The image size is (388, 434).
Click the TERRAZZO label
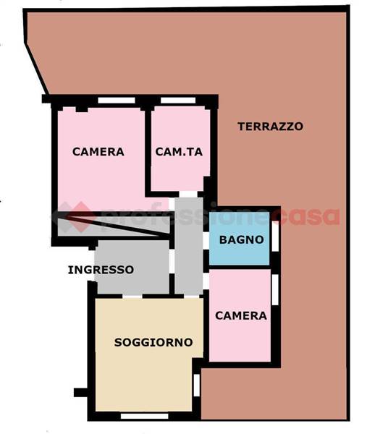[x=270, y=127]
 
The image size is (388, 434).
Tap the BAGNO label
[x=241, y=239]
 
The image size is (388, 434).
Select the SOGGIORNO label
[x=153, y=342]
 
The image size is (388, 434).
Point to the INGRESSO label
[x=101, y=270]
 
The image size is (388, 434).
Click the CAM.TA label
[x=180, y=152]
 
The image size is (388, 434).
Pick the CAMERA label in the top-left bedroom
[x=98, y=152]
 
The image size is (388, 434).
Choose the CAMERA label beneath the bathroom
[x=241, y=315]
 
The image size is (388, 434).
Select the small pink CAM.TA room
[x=180, y=174]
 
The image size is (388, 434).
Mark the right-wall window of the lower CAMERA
[x=275, y=288]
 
